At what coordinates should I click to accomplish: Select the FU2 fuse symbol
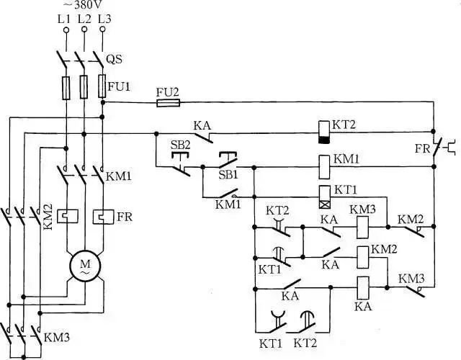pos(168,103)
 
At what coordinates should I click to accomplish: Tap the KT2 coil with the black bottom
pos(324,132)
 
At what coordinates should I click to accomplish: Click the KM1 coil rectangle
pos(324,167)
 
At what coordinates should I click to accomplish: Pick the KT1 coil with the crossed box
pos(325,197)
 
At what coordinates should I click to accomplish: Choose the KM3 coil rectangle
pos(362,228)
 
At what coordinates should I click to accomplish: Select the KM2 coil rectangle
pos(362,258)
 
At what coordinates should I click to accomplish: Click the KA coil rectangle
pos(363,288)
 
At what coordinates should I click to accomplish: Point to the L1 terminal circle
pos(66,30)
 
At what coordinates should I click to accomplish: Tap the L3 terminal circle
pos(102,29)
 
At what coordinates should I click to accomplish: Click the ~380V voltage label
pos(84,4)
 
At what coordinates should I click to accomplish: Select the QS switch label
pos(114,60)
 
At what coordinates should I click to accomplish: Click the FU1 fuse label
pos(119,86)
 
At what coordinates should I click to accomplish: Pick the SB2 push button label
pos(181,145)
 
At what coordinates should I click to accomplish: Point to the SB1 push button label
pos(228,176)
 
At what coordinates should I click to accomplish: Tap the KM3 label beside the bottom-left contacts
pos(57,338)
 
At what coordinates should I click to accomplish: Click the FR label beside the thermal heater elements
pos(125,217)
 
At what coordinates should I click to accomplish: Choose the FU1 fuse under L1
pos(66,88)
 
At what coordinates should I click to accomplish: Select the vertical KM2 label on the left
pos(48,217)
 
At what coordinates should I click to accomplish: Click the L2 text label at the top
pos(84,19)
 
